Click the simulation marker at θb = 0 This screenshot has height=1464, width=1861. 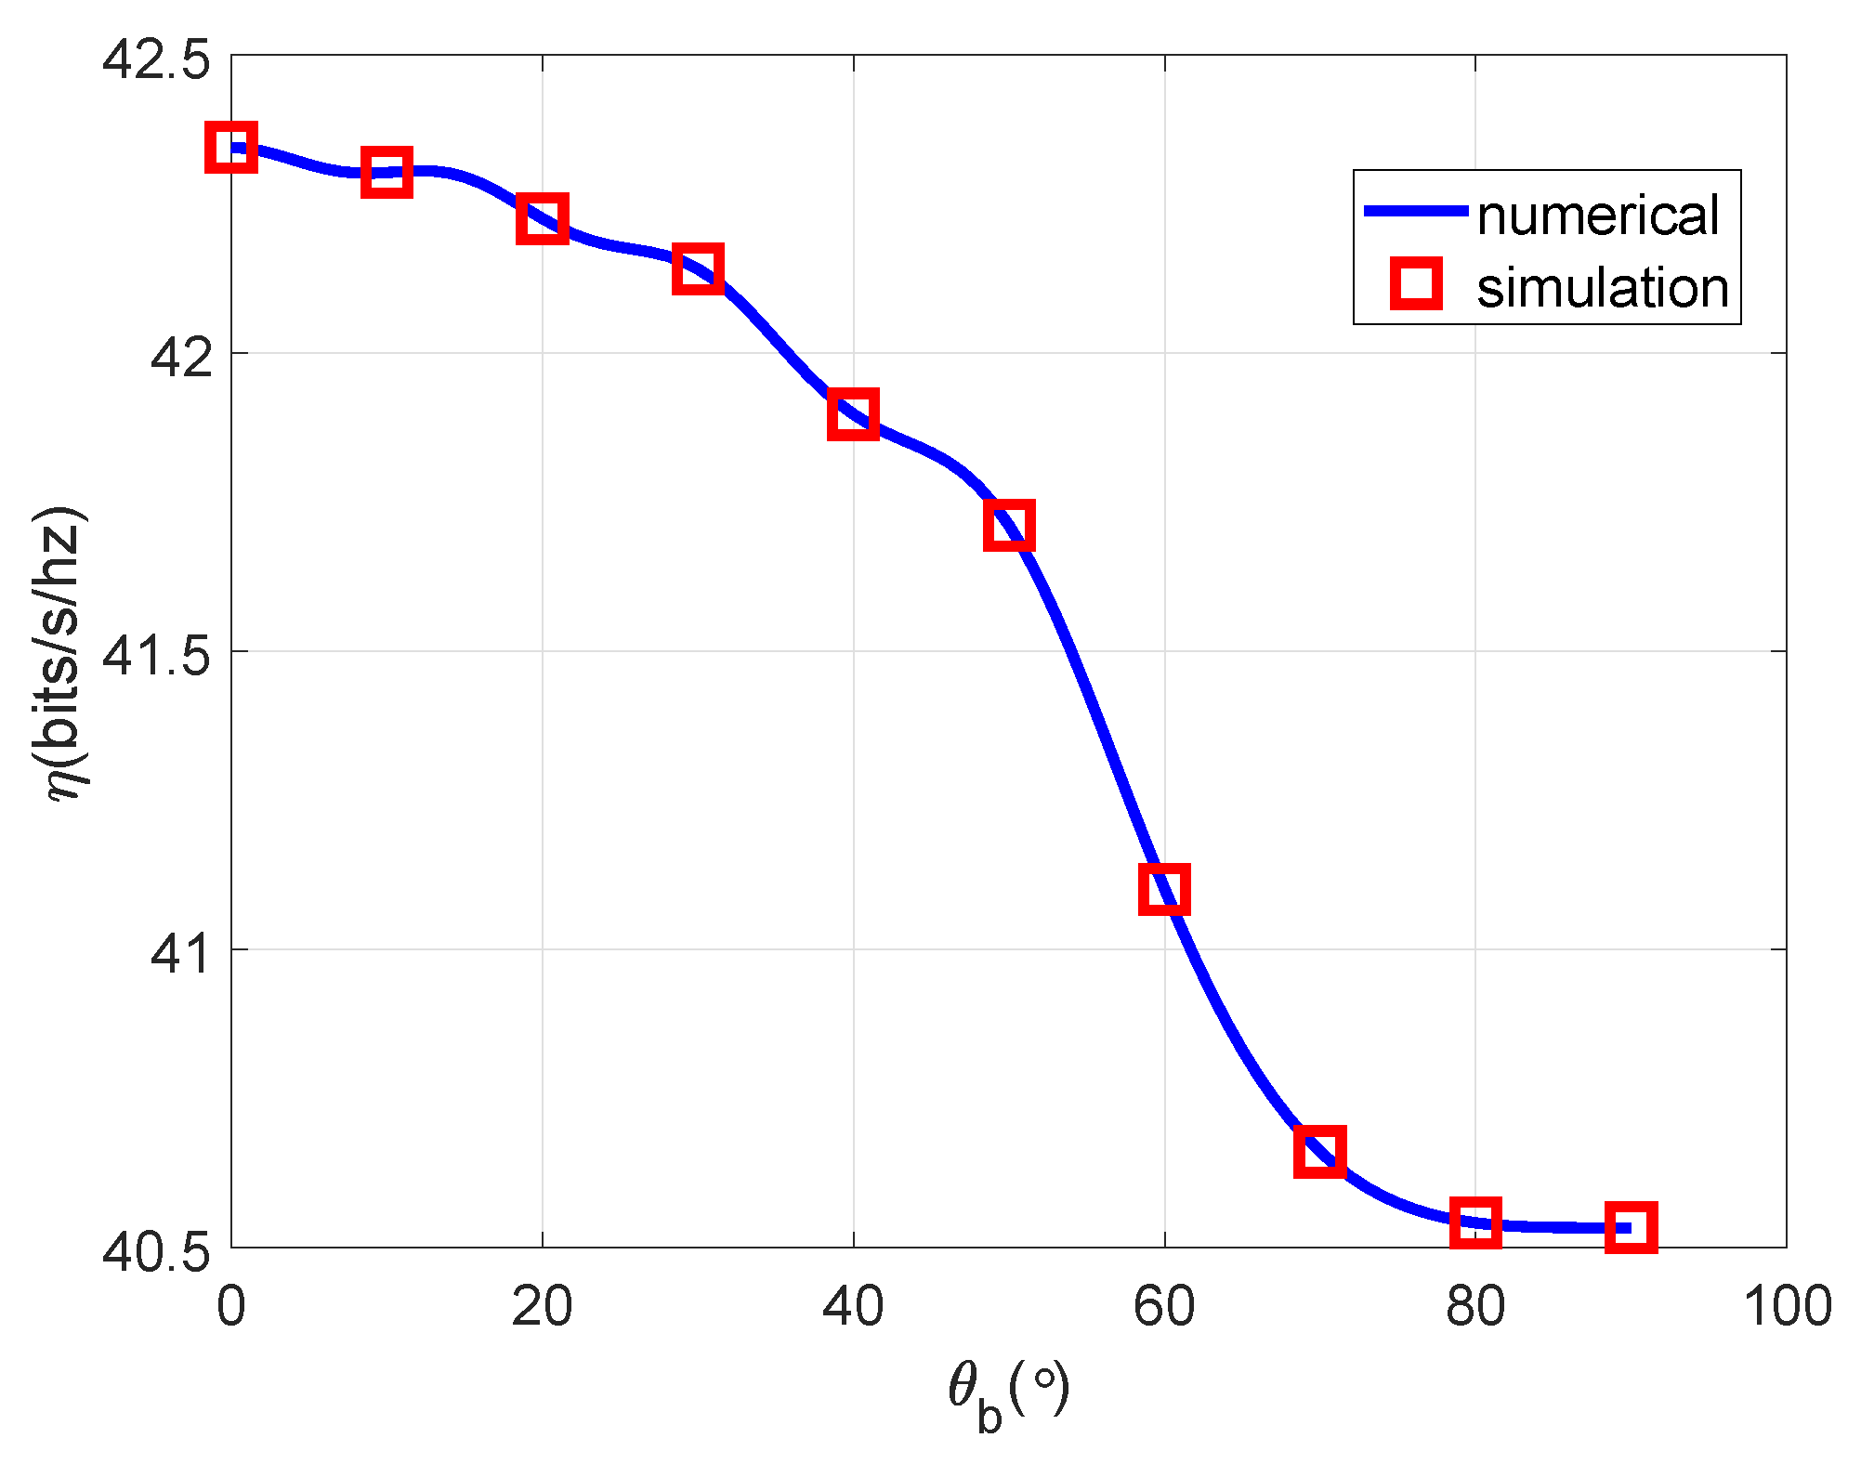click(x=230, y=147)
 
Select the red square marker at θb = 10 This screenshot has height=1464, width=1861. click(x=387, y=172)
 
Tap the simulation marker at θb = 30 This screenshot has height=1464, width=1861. click(x=698, y=269)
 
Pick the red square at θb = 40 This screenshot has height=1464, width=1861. click(x=853, y=413)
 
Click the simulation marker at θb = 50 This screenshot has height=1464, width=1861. click(x=1009, y=526)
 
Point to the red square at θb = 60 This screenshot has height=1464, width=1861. click(x=1164, y=889)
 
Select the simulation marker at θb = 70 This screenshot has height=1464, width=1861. click(x=1319, y=1152)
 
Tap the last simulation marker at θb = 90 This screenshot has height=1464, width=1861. click(x=1631, y=1227)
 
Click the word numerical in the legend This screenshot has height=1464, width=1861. click(x=1598, y=216)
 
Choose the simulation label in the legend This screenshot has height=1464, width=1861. click(x=1603, y=288)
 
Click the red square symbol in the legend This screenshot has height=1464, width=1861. click(x=1416, y=283)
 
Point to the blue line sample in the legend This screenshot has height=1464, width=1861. click(x=1414, y=212)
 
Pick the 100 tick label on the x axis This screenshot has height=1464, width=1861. click(x=1786, y=1305)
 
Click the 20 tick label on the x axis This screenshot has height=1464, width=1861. click(x=542, y=1305)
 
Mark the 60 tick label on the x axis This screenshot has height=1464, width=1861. click(x=1164, y=1305)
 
